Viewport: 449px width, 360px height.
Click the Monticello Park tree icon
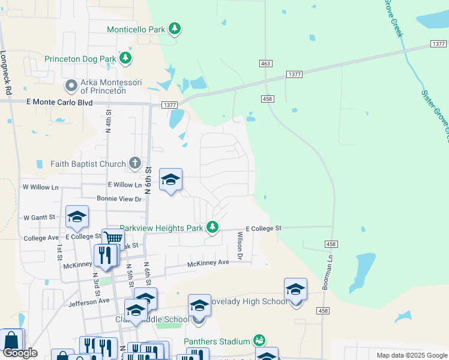[x=175, y=28]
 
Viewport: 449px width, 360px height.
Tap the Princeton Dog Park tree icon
[x=125, y=58]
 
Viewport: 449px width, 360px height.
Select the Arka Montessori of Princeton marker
[x=72, y=86]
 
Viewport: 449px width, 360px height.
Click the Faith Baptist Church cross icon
[x=135, y=163]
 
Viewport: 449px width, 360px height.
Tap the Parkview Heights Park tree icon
[x=212, y=227]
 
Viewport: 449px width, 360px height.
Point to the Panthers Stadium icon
[x=259, y=341]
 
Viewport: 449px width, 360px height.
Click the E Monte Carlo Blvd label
[x=59, y=103]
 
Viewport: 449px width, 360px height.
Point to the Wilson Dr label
[x=240, y=246]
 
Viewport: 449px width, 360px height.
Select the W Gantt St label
[x=39, y=217]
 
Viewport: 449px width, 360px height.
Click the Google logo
[x=20, y=353]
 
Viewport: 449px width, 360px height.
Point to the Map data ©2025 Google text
[x=411, y=355]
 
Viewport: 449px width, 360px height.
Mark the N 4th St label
[x=109, y=121]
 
